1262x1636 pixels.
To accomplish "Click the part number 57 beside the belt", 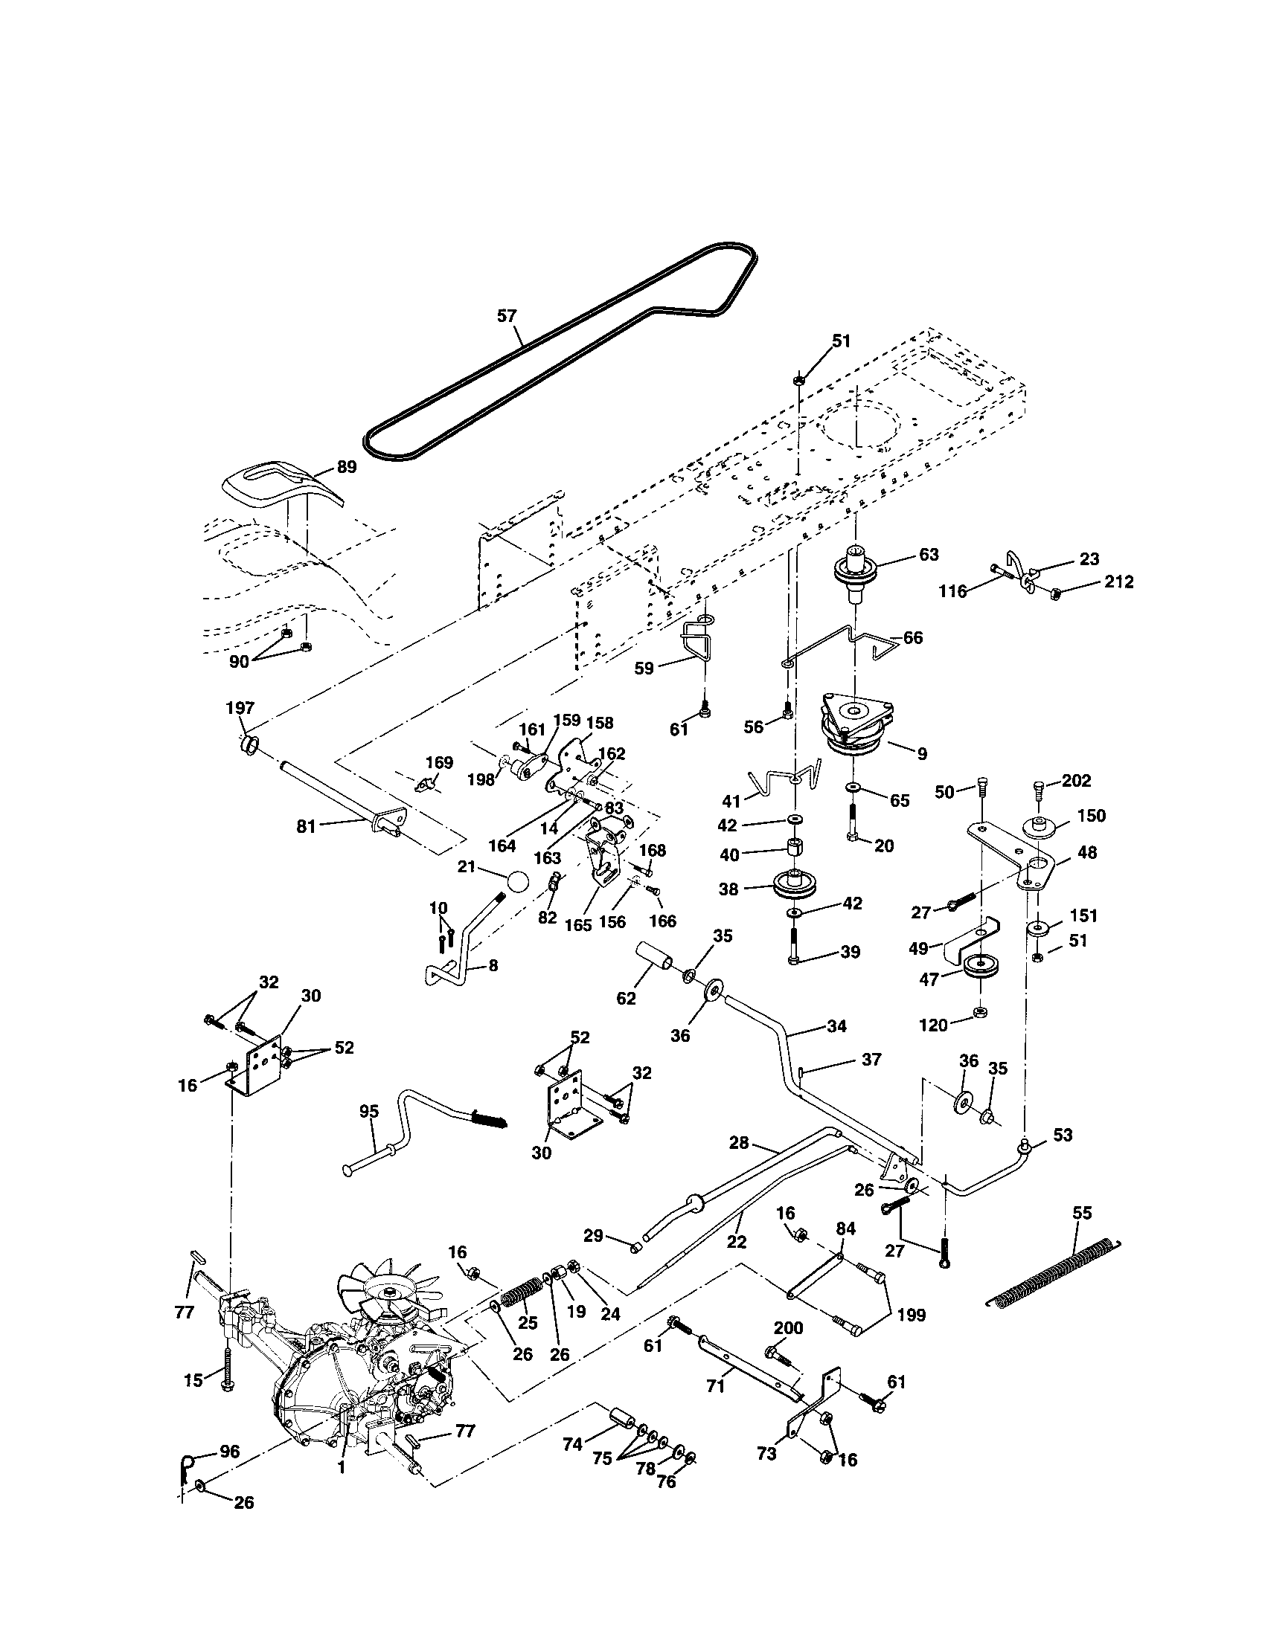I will (507, 316).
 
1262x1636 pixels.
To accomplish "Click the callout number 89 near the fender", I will (345, 467).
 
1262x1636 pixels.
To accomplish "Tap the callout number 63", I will (928, 554).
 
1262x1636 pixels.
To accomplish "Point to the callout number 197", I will (240, 708).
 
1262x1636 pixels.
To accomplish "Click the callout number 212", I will (1118, 582).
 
